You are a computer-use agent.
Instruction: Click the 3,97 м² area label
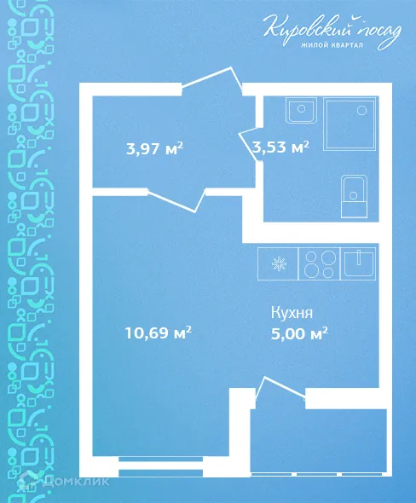click(x=154, y=149)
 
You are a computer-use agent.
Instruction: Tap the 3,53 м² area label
click(x=280, y=147)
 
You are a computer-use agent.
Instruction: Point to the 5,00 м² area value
click(x=298, y=333)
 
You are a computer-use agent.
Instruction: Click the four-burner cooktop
click(x=319, y=262)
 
